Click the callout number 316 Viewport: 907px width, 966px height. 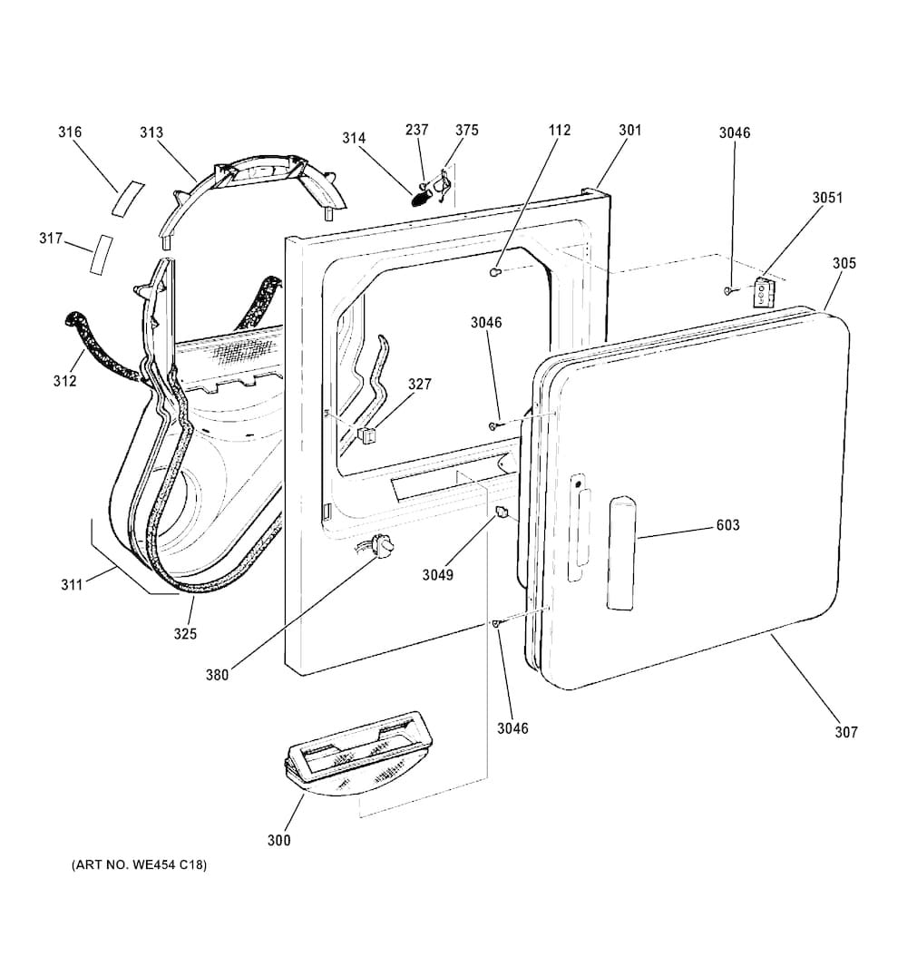70,132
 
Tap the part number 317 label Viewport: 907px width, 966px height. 51,239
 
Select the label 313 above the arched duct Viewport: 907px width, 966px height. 151,132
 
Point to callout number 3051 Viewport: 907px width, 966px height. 827,198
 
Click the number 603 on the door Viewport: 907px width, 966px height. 727,525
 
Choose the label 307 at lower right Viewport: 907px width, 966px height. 846,732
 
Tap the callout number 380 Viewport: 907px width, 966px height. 216,674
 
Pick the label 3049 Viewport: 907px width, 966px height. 437,574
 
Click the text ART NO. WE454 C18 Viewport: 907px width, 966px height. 139,865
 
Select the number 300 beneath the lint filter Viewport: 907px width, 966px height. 279,841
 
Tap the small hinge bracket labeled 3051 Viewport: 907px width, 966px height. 765,292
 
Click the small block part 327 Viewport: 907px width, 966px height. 366,436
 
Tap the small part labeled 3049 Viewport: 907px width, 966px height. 500,515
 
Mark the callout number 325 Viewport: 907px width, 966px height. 185,633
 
